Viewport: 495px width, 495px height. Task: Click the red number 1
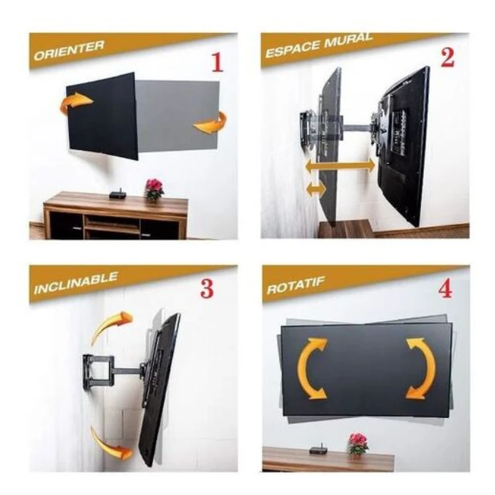tap(216, 63)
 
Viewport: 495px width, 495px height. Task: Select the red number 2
tap(447, 58)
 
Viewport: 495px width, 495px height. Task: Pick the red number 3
tap(207, 289)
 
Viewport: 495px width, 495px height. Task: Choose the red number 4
tap(444, 289)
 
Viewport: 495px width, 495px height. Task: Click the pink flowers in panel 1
tap(154, 187)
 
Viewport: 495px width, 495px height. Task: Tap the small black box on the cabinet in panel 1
tap(114, 194)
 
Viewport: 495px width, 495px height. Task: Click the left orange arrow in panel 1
tap(76, 102)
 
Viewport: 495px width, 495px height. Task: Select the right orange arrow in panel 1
tap(211, 122)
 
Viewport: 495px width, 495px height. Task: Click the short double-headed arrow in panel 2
tap(315, 190)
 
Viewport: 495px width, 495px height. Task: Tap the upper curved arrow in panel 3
tap(111, 326)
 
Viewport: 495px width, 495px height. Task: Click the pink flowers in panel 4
tap(358, 442)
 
